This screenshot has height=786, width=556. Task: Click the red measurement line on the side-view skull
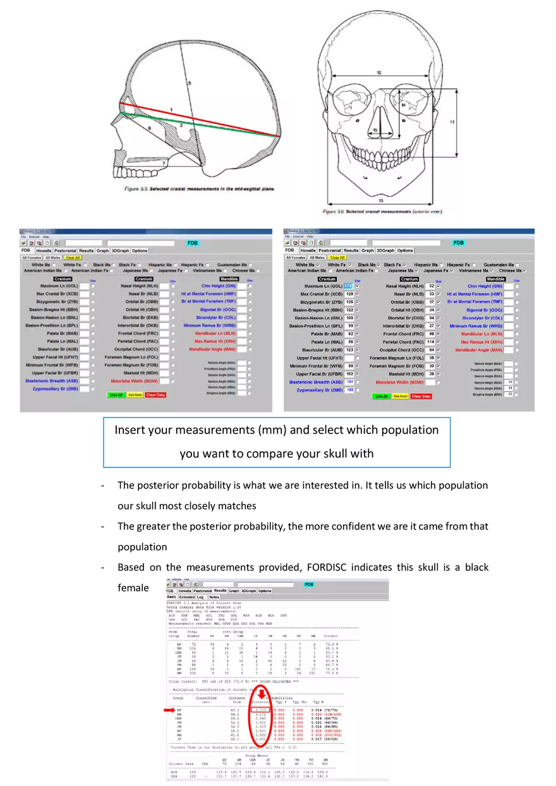pyautogui.click(x=202, y=119)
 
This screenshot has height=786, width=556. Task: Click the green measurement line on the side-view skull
pyautogui.click(x=202, y=125)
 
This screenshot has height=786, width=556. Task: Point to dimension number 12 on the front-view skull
pyautogui.click(x=379, y=73)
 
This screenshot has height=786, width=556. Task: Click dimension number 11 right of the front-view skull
pyautogui.click(x=452, y=121)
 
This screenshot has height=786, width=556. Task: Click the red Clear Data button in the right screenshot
pyautogui.click(x=421, y=396)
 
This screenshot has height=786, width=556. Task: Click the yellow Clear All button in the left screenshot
pyautogui.click(x=73, y=258)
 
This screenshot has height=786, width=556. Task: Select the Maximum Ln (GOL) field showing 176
pyautogui.click(x=348, y=286)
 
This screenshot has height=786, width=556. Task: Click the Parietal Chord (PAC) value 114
pyautogui.click(x=431, y=342)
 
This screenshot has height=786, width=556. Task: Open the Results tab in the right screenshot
pyautogui.click(x=351, y=250)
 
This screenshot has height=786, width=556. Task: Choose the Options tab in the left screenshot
pyautogui.click(x=140, y=251)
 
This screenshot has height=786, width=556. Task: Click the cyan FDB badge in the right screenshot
pyautogui.click(x=459, y=243)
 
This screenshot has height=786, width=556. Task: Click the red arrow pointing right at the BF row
pyautogui.click(x=169, y=710)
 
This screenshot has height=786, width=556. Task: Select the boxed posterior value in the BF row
pyautogui.click(x=262, y=710)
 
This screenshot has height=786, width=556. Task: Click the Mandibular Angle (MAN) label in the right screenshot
pyautogui.click(x=479, y=349)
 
